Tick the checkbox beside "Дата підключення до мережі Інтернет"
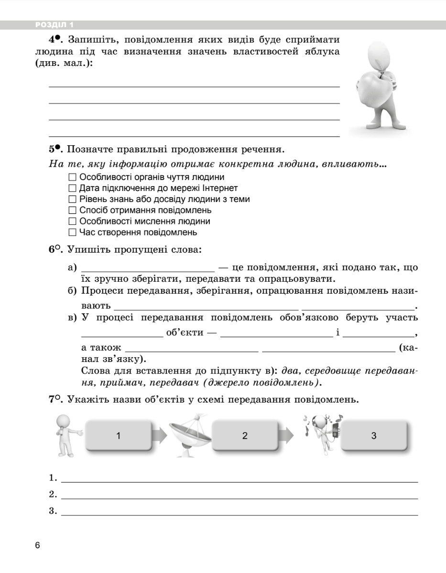(72, 189)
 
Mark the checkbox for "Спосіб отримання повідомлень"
(72, 211)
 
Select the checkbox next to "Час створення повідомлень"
(72, 233)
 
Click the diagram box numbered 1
(118, 435)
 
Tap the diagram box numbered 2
(245, 435)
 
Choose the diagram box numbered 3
(374, 435)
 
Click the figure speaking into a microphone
(66, 435)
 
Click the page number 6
(38, 545)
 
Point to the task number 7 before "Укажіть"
(52, 400)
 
